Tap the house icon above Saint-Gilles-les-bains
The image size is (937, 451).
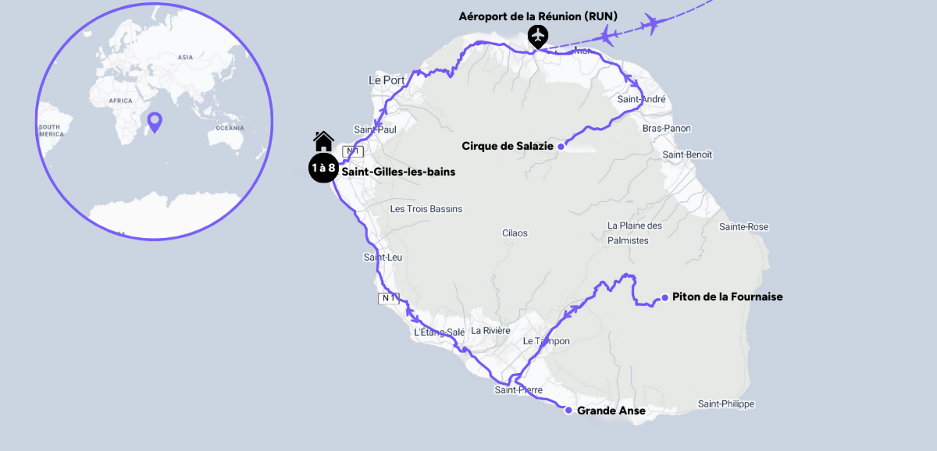tap(323, 141)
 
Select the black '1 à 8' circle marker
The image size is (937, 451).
tap(323, 168)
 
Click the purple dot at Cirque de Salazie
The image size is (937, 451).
tap(561, 146)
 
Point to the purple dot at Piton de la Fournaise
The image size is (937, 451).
tap(665, 297)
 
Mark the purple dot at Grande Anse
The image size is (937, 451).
tap(568, 410)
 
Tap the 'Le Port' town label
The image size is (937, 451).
tap(387, 81)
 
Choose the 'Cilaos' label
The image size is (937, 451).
tap(515, 233)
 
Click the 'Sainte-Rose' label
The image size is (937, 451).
tap(743, 227)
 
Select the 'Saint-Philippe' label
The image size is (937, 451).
tap(726, 404)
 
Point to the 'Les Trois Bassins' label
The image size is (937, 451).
tap(426, 209)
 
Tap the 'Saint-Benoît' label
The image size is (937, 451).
tap(687, 155)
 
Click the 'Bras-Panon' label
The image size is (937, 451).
tap(666, 129)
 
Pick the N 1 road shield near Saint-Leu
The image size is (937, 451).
tap(388, 298)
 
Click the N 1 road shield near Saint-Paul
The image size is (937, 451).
tap(353, 151)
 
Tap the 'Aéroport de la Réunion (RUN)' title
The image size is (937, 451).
tap(538, 16)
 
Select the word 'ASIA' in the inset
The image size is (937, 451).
tap(185, 57)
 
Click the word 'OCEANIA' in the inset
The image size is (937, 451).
tap(230, 128)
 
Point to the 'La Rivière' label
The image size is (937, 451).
tap(490, 331)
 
